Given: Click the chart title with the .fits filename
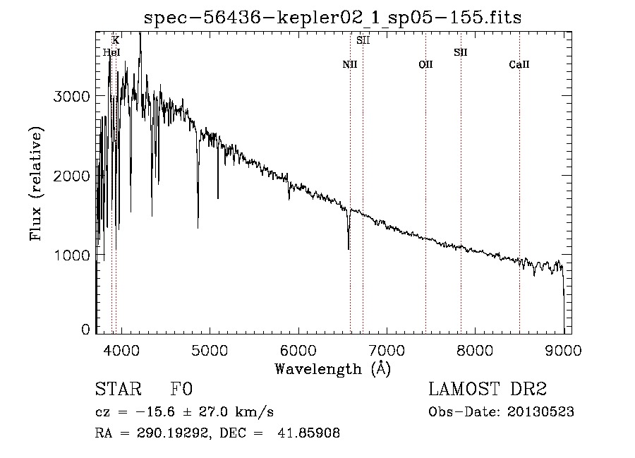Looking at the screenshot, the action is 332,18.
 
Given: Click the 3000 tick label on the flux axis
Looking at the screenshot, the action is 71,97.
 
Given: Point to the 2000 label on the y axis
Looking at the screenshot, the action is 71,176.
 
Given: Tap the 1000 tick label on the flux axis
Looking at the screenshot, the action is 72,255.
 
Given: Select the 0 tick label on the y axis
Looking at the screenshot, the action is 85,330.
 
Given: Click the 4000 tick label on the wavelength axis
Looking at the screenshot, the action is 121,350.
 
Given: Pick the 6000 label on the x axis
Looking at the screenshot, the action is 298,350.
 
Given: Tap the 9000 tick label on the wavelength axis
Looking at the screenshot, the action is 563,350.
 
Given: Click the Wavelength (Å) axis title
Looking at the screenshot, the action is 333,369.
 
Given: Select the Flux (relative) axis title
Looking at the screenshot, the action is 36,184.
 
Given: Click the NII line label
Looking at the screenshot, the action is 350,64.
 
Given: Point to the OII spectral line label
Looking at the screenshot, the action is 425,64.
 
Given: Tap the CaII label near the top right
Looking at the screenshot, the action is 519,64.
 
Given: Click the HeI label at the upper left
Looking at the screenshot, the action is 111,52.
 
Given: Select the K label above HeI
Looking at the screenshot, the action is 116,40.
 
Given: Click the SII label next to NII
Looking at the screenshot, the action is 363,40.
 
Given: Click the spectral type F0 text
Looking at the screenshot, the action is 181,389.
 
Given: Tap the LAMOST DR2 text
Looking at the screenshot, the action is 488,389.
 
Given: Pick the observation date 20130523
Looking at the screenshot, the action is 540,412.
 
